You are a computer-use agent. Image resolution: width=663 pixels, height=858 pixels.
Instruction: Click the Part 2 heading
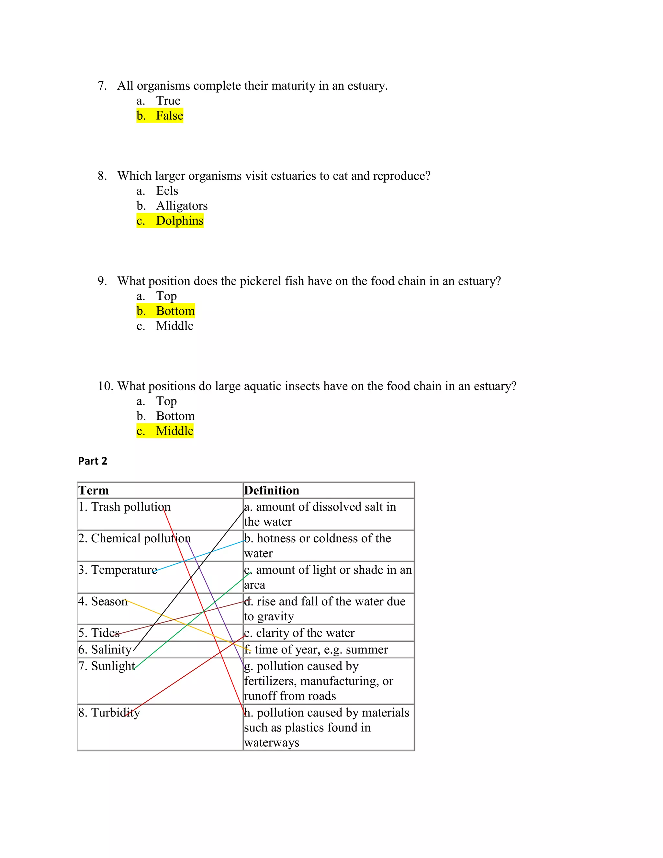92,461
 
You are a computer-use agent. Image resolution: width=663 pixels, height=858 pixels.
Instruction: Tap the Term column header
94,491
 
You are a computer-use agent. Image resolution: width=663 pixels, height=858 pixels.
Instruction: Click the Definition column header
271,491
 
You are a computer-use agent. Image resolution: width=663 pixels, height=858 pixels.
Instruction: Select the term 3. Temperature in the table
118,570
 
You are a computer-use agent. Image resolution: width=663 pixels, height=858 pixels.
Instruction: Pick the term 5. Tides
99,633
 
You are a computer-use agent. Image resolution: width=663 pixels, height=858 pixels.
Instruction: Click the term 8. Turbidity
109,713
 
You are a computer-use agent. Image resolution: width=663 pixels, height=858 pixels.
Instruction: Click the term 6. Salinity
105,649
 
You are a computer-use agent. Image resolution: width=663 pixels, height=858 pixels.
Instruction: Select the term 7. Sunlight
106,666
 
